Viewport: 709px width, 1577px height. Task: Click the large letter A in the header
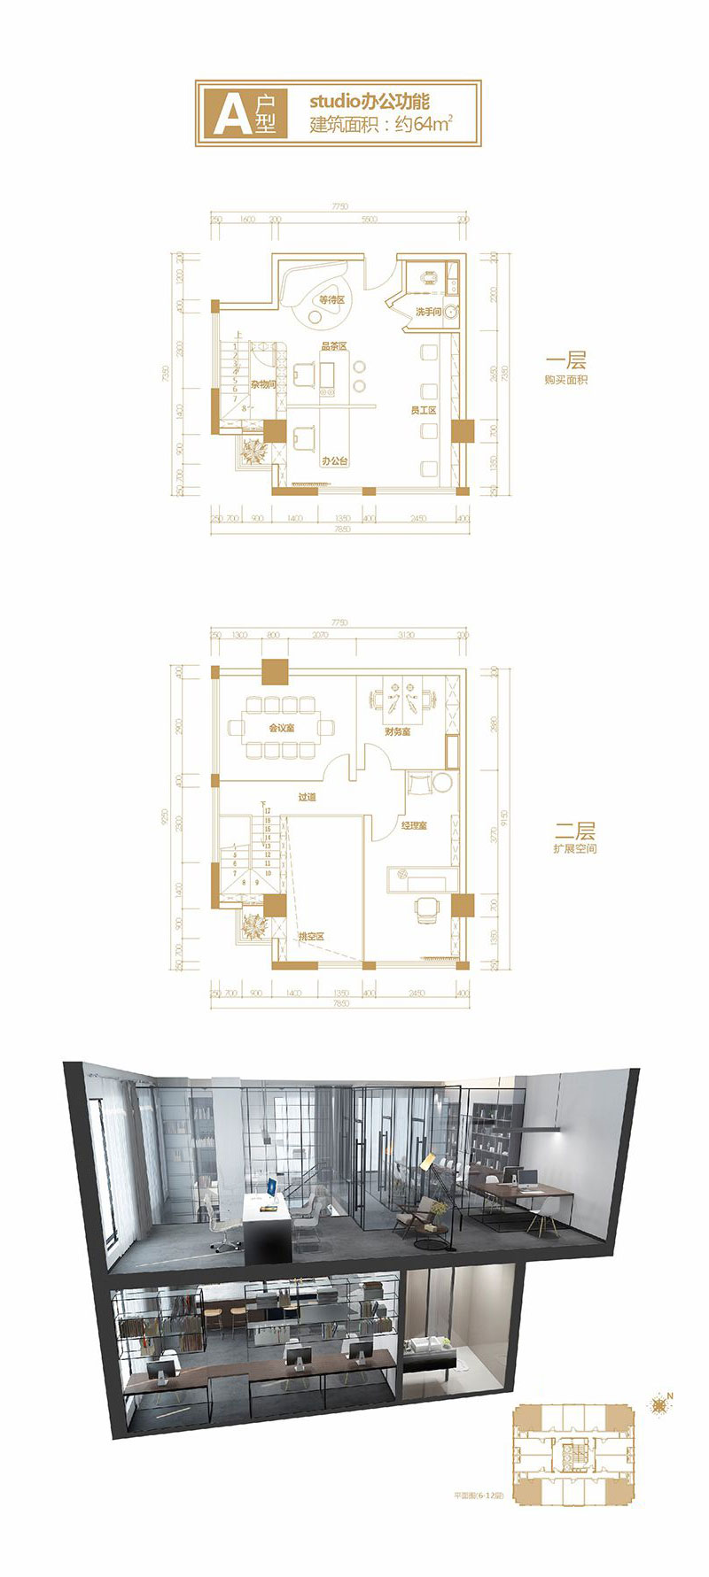[x=229, y=112]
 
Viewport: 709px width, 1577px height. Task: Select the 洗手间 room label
[x=428, y=312]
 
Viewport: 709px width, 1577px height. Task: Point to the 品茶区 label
[x=333, y=346]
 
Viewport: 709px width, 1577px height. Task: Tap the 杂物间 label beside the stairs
[x=263, y=384]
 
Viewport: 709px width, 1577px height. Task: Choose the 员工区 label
[x=424, y=411]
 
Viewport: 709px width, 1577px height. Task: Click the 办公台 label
[x=334, y=461]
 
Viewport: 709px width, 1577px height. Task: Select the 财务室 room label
[x=397, y=732]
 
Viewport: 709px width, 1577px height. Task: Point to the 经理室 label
[x=414, y=825]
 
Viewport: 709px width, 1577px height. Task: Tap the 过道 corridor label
[x=307, y=798]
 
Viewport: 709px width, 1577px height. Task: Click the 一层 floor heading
[x=566, y=361]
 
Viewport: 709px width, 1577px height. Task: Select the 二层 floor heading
[x=573, y=831]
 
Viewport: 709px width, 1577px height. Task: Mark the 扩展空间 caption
[x=573, y=849]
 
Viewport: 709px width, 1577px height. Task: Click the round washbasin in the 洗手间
[x=451, y=311]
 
